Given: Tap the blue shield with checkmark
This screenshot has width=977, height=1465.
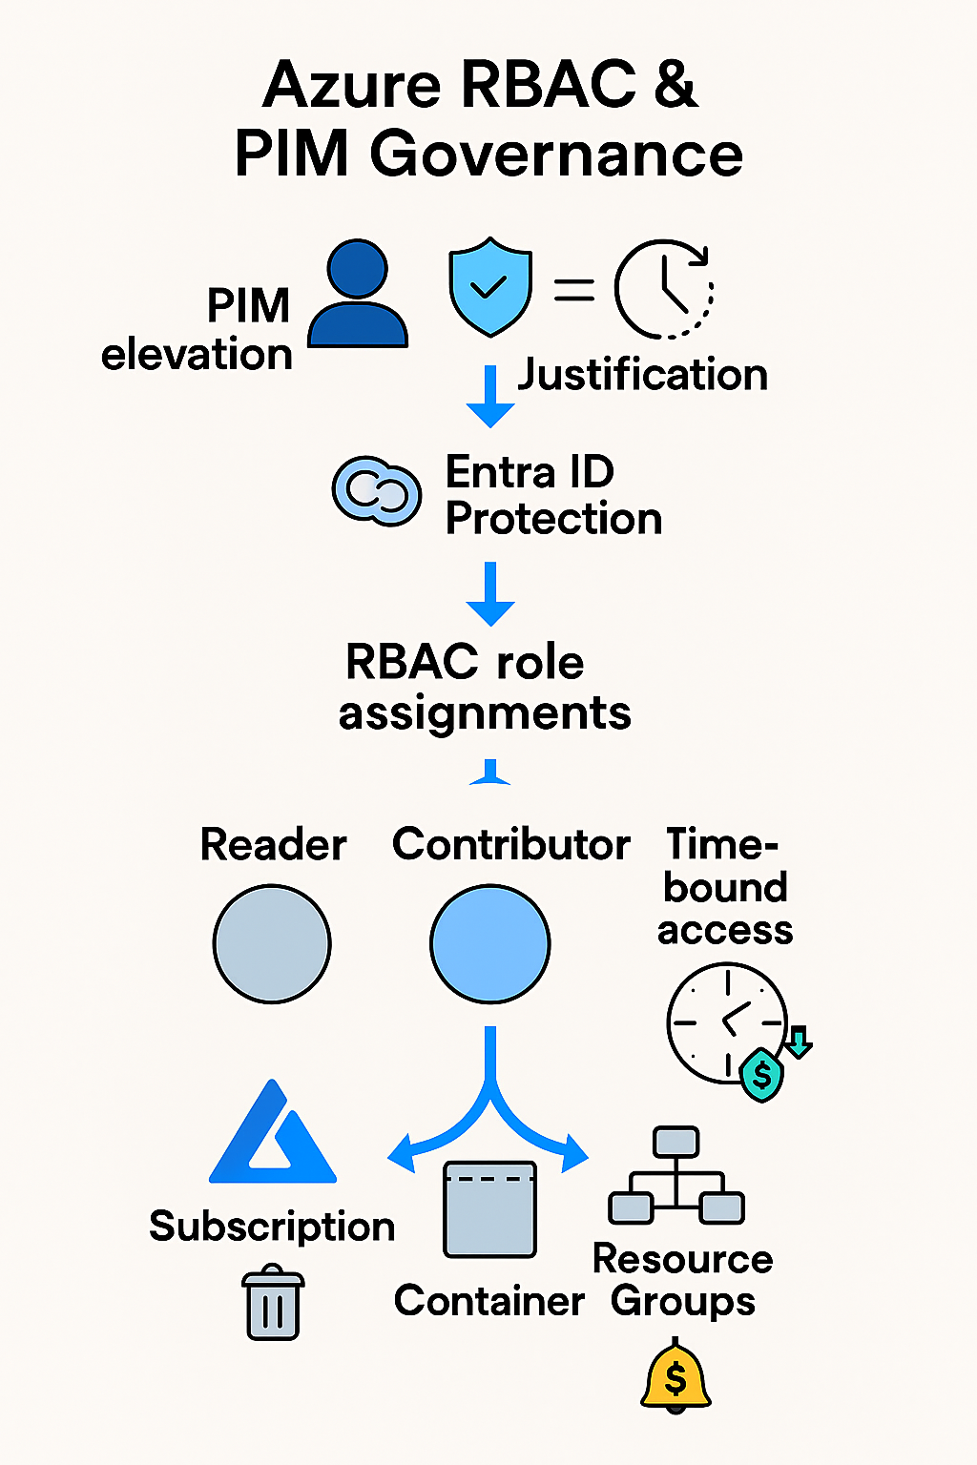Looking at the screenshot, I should pos(489,286).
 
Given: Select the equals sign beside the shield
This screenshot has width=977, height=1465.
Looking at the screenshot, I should pos(574,289).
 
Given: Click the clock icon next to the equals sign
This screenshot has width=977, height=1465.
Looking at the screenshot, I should pos(664,289).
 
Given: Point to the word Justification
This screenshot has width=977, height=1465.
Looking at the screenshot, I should pos(642,374).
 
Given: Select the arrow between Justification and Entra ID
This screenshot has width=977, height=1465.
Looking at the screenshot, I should pos(490,396).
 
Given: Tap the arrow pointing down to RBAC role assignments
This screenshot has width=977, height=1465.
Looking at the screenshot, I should pos(490,593).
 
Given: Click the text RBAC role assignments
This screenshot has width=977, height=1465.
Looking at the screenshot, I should pos(484,688).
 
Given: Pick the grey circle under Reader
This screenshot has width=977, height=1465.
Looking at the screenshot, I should pos(272,944).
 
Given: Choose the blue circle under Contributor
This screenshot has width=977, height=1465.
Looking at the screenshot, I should pos(490,944).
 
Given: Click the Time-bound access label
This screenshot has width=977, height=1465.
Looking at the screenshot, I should pos(724,887).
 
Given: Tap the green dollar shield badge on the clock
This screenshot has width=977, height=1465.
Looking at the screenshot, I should pos(761,1075).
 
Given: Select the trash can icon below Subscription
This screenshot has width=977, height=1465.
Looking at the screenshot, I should pos(273,1303).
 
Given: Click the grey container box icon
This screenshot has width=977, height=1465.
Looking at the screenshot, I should pos(489,1209).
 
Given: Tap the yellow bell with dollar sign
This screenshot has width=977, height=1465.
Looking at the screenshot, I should pos(676,1375).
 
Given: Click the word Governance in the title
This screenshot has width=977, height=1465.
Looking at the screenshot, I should pos(556,155).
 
